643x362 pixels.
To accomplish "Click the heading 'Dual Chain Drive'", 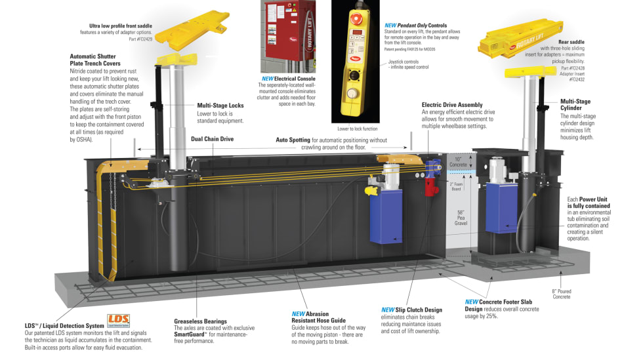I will pyautogui.click(x=212, y=139).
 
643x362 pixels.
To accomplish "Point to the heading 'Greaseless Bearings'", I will pyautogui.click(x=201, y=321).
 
